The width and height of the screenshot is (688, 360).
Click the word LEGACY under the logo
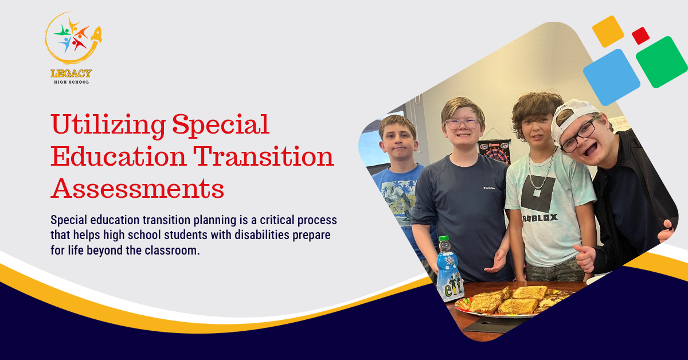click(71, 73)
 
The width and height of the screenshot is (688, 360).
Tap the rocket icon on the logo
click(95, 35)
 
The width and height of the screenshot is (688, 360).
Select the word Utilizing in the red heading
click(109, 124)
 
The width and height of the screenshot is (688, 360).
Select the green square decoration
click(662, 62)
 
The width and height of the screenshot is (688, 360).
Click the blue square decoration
click(611, 77)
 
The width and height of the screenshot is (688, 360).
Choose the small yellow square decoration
click(608, 31)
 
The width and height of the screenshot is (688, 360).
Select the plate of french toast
click(510, 301)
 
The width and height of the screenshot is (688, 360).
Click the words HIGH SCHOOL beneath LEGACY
click(71, 81)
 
